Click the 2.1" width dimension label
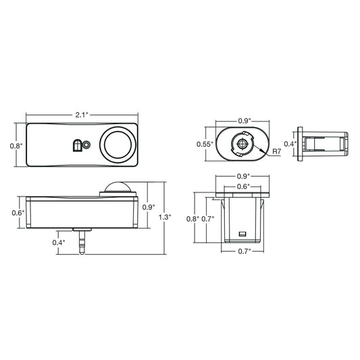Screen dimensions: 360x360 point(82,115)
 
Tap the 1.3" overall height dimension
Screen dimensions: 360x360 point(165,217)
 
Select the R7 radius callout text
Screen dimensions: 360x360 point(277,151)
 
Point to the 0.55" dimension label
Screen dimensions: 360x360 point(205,144)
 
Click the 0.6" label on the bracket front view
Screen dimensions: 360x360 point(243,186)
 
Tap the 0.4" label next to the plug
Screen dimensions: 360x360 point(59,242)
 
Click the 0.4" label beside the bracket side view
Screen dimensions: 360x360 point(290,144)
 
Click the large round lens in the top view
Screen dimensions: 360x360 point(118,145)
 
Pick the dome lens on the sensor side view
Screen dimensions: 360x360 point(118,187)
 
